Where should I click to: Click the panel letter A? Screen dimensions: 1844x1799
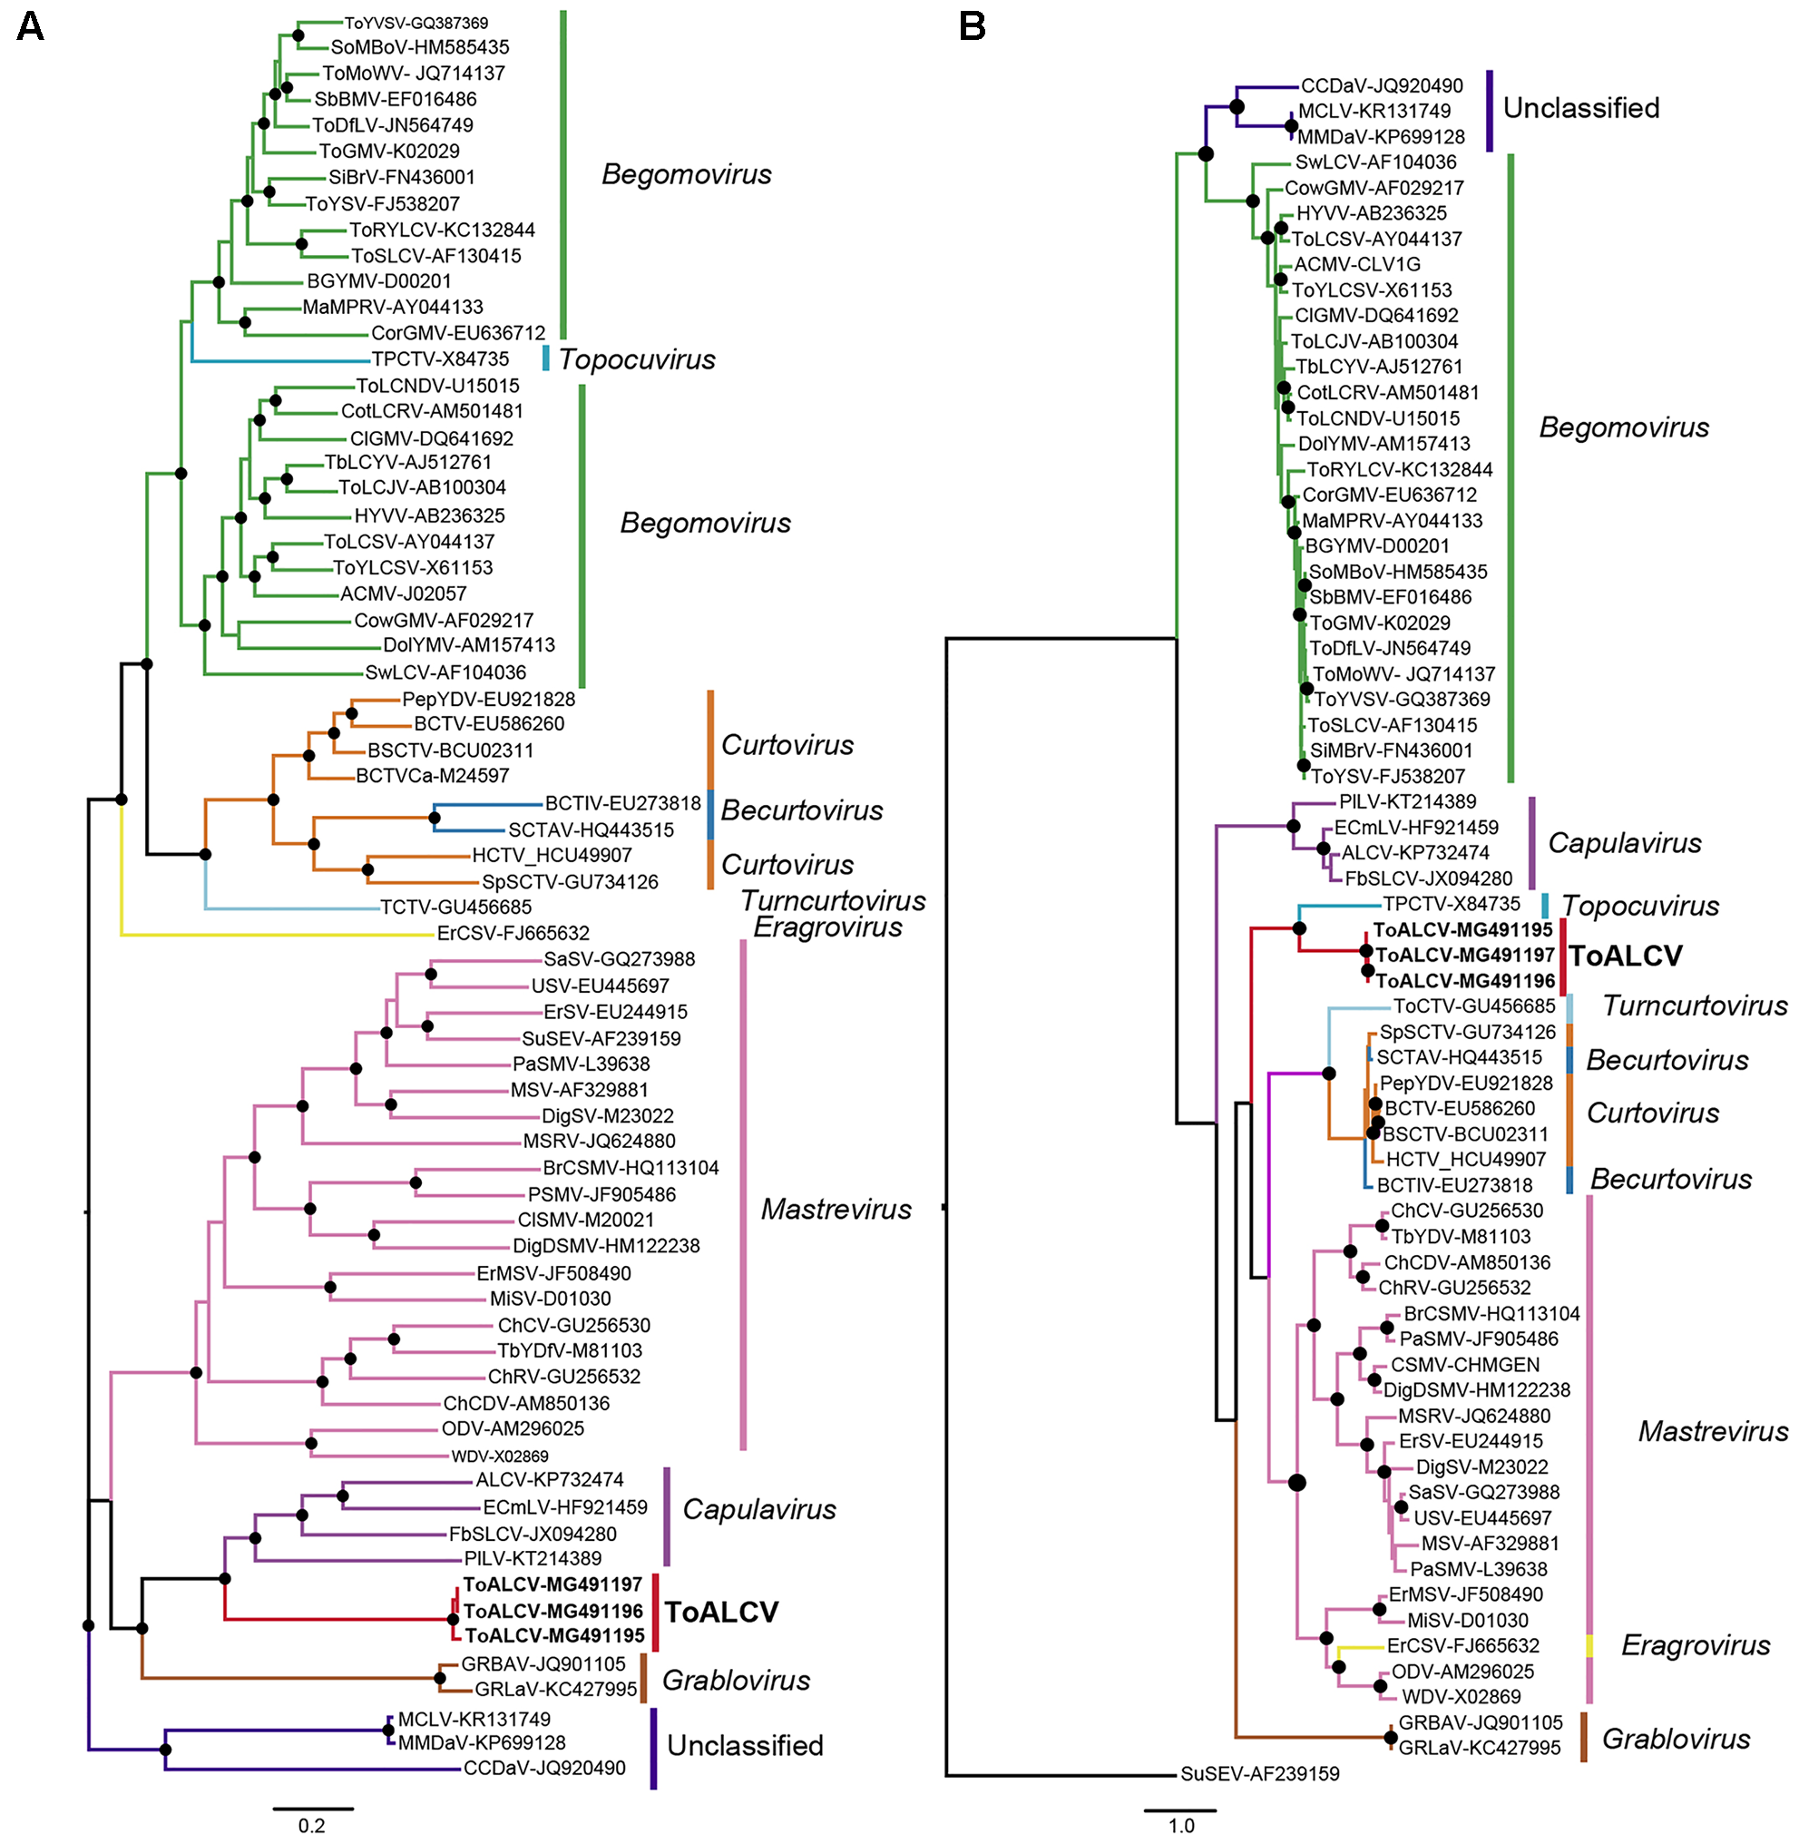(30, 26)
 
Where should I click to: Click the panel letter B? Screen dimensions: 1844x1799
(973, 26)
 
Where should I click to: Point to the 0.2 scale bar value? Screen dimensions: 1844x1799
(312, 1825)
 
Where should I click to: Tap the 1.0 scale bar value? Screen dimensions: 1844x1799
(1181, 1825)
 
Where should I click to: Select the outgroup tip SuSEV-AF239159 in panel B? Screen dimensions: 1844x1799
(1259, 1774)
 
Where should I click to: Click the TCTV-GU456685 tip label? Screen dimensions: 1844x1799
(455, 907)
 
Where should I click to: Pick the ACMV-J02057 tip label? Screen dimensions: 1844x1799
(404, 593)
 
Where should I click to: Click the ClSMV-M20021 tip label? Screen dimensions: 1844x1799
(586, 1221)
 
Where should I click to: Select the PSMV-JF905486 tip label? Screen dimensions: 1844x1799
(601, 1194)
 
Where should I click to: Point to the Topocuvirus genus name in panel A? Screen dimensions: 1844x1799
(637, 359)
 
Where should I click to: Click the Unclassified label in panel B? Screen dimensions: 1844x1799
(1580, 108)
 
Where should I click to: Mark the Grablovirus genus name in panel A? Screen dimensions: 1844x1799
(736, 1680)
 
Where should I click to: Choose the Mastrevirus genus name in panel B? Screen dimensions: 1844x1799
(1713, 1431)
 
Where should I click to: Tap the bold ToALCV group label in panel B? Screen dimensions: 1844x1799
(1625, 956)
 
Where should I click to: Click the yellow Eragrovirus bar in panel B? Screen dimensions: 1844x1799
(1589, 1645)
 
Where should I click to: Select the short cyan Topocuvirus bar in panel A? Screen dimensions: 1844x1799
(545, 358)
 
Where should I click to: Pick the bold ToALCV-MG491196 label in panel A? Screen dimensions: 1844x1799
(553, 1611)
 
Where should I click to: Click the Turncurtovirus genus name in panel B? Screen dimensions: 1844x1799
(1695, 1005)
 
